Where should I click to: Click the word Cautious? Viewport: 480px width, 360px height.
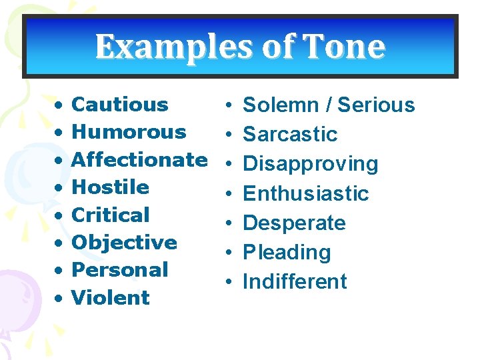119,105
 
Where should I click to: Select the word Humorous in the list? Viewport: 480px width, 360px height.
128,132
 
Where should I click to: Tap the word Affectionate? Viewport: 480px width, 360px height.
139,160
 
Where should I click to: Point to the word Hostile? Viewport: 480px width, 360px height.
110,187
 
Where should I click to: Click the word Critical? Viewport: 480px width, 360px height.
110,215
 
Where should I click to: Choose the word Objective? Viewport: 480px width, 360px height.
124,243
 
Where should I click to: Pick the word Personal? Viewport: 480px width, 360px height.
119,270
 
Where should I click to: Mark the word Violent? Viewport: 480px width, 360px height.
110,298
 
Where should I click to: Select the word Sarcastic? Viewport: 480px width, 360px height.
290,135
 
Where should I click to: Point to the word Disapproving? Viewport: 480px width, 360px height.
310,164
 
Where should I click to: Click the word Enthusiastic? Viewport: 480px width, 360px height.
305,194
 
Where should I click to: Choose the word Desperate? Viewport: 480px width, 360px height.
294,223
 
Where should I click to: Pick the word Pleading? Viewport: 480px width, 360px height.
287,253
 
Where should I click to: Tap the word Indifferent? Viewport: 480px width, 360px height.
295,282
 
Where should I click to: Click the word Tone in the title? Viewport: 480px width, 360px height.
344,47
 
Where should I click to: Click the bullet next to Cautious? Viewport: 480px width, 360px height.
59,105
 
